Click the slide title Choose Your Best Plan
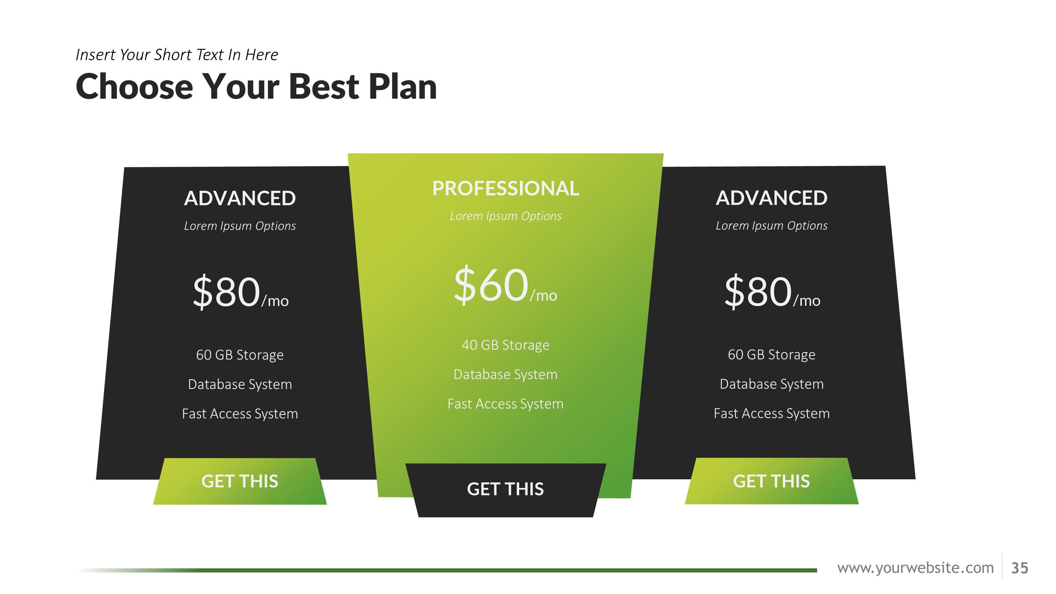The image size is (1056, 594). [256, 86]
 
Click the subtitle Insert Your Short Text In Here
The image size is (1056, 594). [177, 54]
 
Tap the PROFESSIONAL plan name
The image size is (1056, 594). [505, 188]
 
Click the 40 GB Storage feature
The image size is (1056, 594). [505, 345]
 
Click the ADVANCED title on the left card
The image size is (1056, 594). [240, 198]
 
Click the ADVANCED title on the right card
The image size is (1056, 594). [771, 198]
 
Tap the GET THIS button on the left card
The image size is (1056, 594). [240, 481]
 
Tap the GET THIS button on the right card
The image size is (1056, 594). [771, 481]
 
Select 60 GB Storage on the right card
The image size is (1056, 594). [771, 354]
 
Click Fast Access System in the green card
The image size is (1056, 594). [505, 404]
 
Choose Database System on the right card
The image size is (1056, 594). [771, 384]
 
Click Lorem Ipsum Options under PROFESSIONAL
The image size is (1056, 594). [505, 216]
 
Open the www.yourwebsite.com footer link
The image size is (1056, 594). [915, 568]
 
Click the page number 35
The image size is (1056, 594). [1020, 568]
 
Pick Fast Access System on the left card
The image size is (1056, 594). [240, 414]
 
